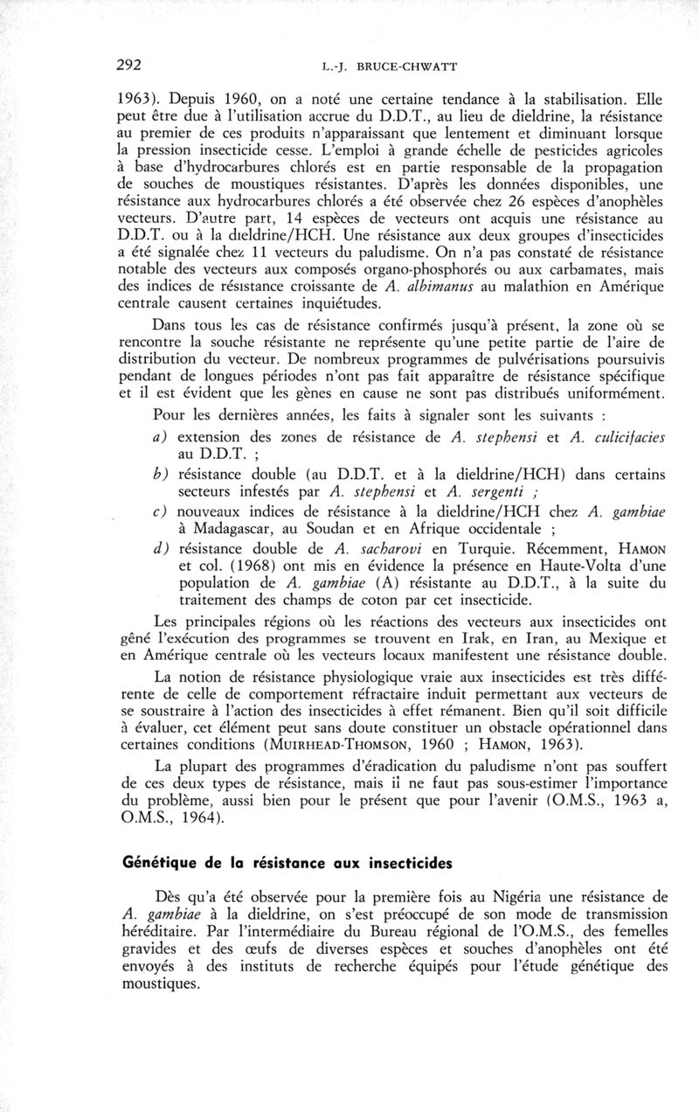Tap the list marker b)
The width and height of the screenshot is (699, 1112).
pos(162,474)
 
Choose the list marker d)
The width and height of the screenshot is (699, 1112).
pos(162,547)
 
